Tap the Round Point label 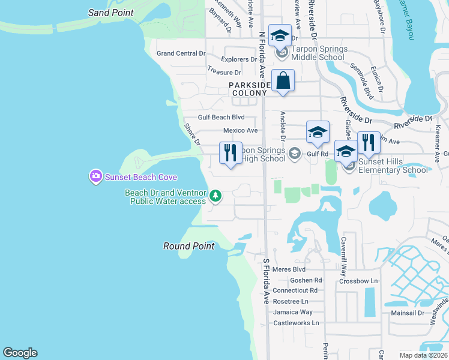tap(189, 246)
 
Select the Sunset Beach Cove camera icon tap(95, 176)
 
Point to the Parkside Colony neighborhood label tap(248, 89)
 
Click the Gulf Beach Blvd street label tap(221, 118)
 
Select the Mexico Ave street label tap(240, 130)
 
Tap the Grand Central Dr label tap(181, 53)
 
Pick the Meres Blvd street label tap(289, 269)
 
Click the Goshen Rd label tap(306, 280)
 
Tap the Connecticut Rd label tap(299, 290)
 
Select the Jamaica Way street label tap(293, 312)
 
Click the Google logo tap(20, 353)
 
